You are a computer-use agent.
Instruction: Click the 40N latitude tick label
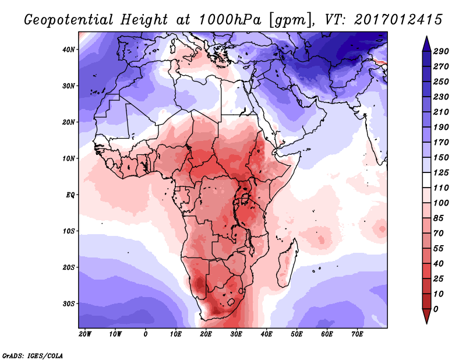tap(69, 49)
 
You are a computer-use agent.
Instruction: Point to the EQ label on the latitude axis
tap(70, 195)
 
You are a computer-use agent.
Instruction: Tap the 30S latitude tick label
tap(69, 303)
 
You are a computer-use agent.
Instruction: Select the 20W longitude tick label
tap(85, 334)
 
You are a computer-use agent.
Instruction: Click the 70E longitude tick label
tap(358, 334)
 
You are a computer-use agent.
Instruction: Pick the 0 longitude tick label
tap(146, 334)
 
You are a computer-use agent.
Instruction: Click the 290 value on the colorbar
tap(441, 51)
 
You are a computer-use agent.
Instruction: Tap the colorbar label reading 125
tap(441, 172)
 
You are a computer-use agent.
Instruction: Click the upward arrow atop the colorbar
tap(426, 43)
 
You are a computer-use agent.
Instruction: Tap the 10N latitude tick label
tap(69, 158)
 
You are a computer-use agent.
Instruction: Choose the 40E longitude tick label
tap(267, 334)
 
